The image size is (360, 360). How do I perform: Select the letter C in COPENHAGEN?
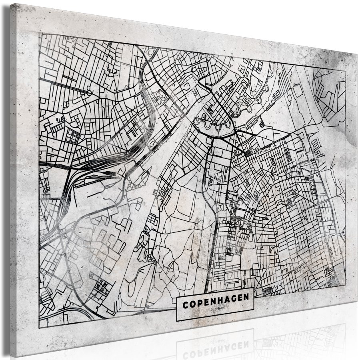185,304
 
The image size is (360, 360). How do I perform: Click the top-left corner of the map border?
39,34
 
